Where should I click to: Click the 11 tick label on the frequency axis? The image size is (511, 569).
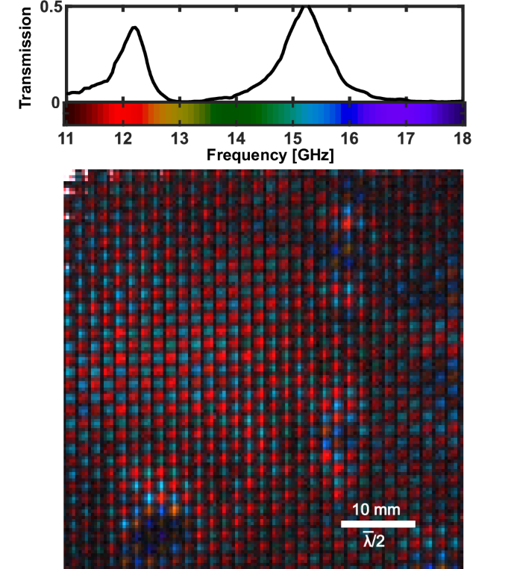pyautogui.click(x=66, y=139)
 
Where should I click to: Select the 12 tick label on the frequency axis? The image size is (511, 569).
pyautogui.click(x=122, y=139)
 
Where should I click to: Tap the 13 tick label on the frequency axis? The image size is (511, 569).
pyautogui.click(x=179, y=139)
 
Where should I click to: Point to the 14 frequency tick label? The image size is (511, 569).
pyautogui.click(x=236, y=139)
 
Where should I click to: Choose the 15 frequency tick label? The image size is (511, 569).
pyautogui.click(x=292, y=139)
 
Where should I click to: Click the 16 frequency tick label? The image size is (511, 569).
pyautogui.click(x=349, y=139)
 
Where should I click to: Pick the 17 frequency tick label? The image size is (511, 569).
pyautogui.click(x=405, y=139)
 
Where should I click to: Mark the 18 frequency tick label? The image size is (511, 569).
pyautogui.click(x=461, y=139)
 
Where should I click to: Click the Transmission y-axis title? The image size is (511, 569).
pyautogui.click(x=26, y=54)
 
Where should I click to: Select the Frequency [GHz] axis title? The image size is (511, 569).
pyautogui.click(x=264, y=157)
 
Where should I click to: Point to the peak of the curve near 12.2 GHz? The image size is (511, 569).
pyautogui.click(x=134, y=28)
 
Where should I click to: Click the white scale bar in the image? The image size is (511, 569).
pyautogui.click(x=377, y=524)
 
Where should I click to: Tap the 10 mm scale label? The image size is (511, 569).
pyautogui.click(x=377, y=509)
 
